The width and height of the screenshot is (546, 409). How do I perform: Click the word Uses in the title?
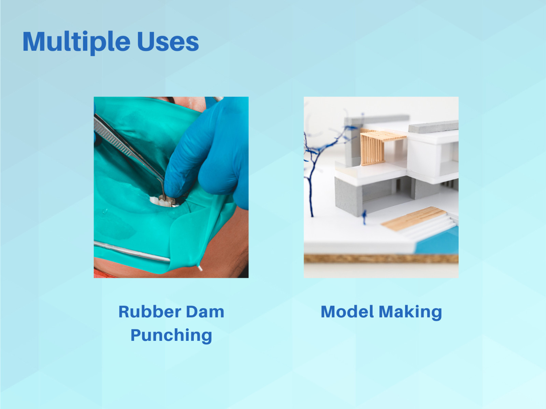168,42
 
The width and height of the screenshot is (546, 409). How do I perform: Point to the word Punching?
171,335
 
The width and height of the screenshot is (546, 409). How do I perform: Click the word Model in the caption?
347,312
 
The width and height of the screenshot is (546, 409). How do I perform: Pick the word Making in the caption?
410,313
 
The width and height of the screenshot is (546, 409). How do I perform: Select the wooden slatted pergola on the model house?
378,147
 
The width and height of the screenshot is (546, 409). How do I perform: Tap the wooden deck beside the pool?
413,218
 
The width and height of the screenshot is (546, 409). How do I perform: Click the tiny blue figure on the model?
365,216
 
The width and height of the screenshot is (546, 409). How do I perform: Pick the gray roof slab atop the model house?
433,126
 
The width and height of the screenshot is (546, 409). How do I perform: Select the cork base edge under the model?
381,258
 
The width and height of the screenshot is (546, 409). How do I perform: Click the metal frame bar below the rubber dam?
132,251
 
